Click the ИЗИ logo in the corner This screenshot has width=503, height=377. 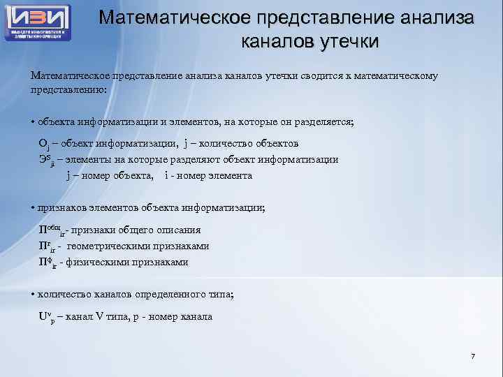(38, 22)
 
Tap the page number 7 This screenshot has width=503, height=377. (473, 357)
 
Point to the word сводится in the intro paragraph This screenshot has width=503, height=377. (311, 75)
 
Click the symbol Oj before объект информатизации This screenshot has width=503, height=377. (43, 144)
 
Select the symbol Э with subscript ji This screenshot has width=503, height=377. (44, 160)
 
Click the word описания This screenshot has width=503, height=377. (182, 230)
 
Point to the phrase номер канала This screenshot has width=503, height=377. (184, 316)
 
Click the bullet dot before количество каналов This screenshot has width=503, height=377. (33, 294)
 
